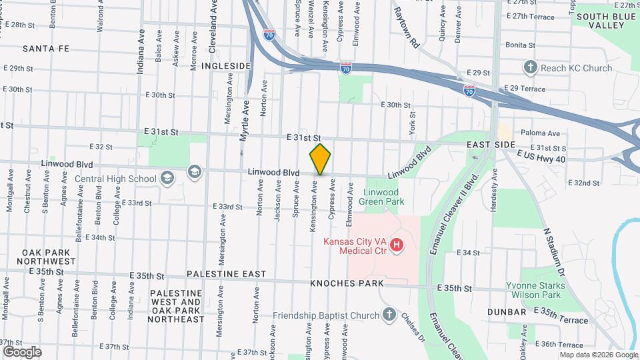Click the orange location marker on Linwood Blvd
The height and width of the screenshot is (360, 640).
(320, 159)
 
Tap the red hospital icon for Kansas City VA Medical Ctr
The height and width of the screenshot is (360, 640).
(397, 246)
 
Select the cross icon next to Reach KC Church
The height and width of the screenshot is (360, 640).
(530, 67)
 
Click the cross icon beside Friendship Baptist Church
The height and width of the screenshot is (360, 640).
(389, 315)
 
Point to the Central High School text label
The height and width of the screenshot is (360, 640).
(115, 178)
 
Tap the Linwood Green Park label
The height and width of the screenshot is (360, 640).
(381, 196)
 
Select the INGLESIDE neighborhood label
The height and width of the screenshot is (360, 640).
(227, 66)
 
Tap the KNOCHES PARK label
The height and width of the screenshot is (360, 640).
(347, 283)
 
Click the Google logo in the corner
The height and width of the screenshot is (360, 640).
(22, 351)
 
